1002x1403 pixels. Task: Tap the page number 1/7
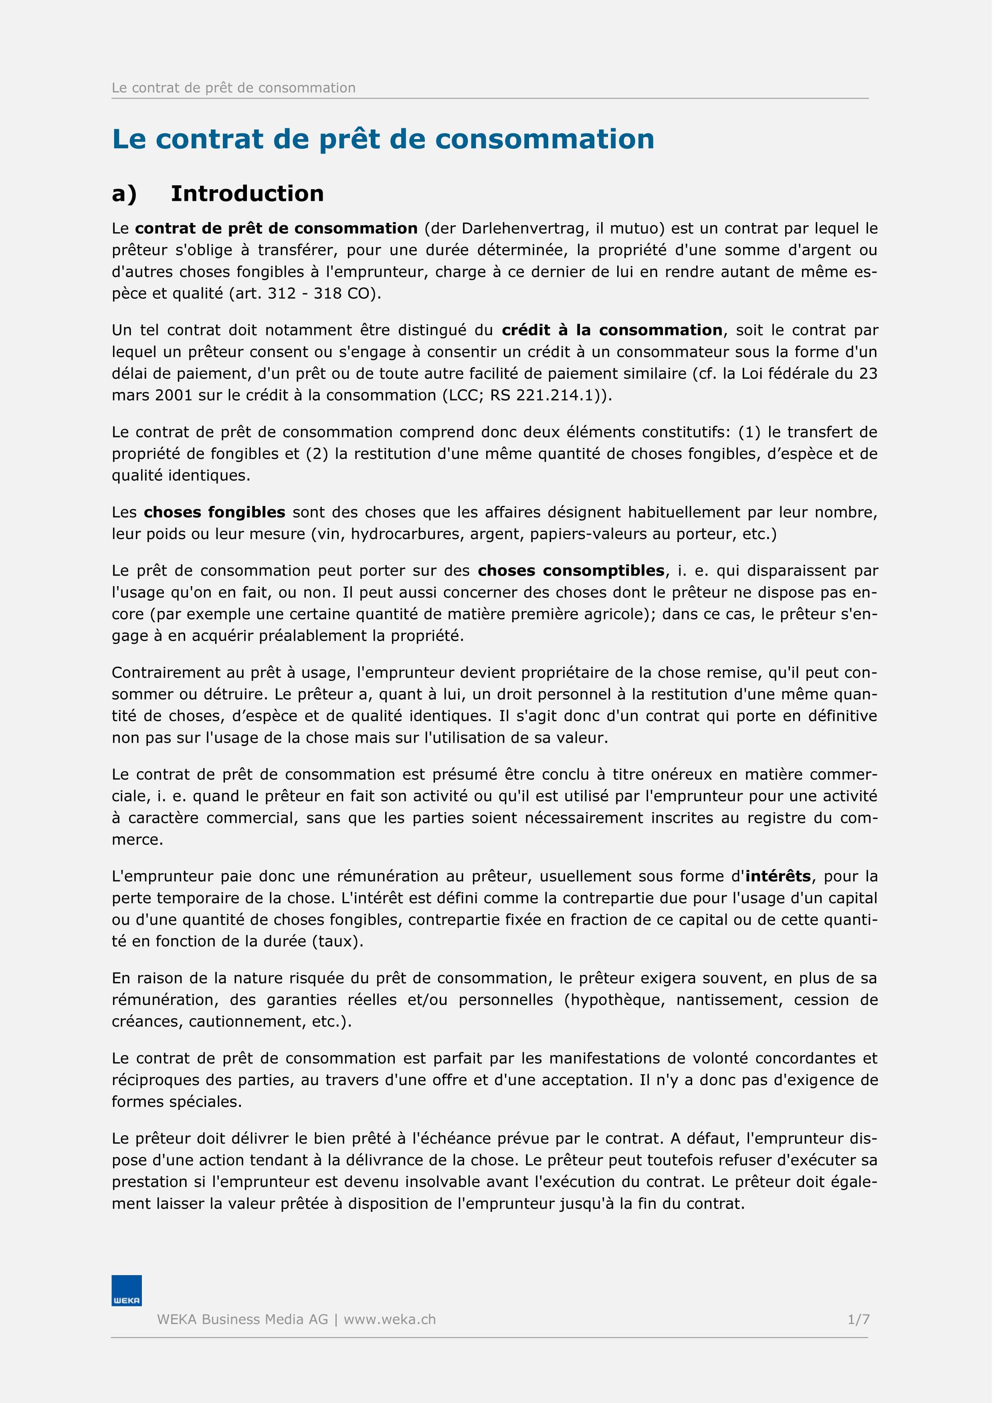click(858, 1320)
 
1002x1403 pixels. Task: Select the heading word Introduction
click(247, 194)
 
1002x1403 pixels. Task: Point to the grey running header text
click(233, 88)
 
